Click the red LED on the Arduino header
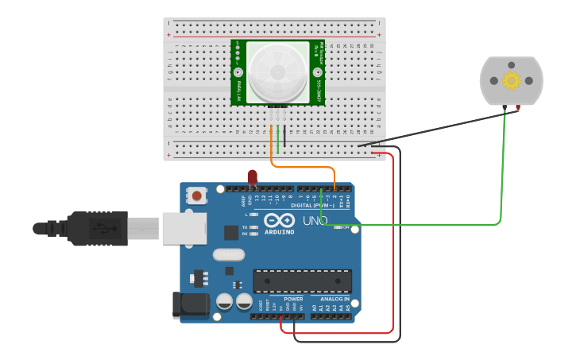click(253, 176)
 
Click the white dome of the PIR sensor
click(277, 72)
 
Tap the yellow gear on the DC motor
click(511, 80)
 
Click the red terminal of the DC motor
click(518, 107)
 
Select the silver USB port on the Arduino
click(184, 228)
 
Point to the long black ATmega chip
click(302, 281)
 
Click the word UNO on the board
click(315, 220)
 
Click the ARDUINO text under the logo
click(279, 232)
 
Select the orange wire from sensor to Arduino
click(302, 167)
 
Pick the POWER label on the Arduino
click(293, 299)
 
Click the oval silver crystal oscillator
click(229, 255)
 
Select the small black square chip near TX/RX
click(231, 232)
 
